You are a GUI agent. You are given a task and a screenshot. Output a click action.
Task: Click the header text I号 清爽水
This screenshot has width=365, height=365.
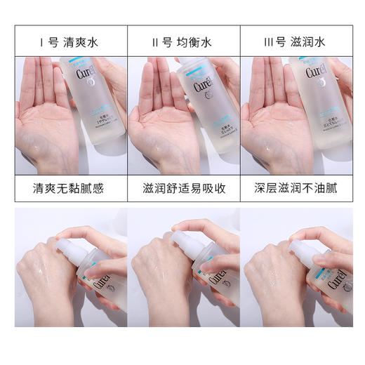[x=70, y=42]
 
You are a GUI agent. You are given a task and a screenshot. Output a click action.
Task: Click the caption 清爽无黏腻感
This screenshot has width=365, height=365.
[x=70, y=190]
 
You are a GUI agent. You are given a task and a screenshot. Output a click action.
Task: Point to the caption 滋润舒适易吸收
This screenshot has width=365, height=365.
[x=184, y=190]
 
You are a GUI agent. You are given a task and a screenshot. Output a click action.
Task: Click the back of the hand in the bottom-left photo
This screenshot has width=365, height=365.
[x=42, y=281]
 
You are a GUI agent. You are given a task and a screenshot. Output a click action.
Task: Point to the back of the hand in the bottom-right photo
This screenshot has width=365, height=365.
[x=270, y=281]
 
